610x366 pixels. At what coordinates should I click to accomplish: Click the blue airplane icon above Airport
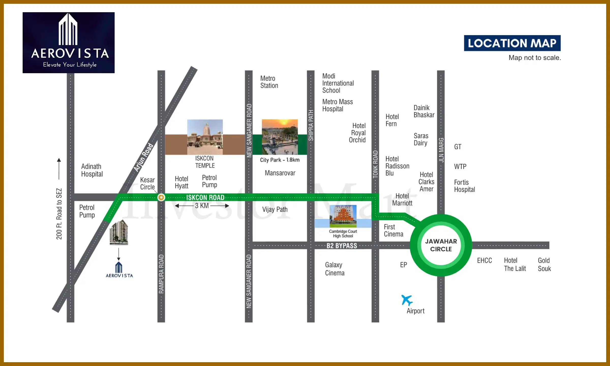tap(407, 300)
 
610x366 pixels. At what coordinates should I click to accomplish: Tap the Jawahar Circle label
tap(441, 245)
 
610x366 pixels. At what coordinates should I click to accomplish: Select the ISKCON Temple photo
tap(205, 137)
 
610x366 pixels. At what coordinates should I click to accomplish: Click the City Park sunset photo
tap(280, 137)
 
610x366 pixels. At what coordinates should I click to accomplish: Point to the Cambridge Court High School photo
tap(343, 216)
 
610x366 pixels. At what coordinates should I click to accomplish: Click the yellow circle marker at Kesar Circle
tap(161, 197)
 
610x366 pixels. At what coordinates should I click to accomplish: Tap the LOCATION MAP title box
tap(512, 43)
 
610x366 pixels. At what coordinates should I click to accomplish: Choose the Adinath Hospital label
tap(92, 170)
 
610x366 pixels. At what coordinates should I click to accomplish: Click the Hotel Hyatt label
tap(181, 182)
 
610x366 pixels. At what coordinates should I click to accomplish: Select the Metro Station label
tap(269, 82)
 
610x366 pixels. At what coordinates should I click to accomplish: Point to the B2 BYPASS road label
tap(342, 246)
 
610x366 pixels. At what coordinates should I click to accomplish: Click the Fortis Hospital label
tap(464, 186)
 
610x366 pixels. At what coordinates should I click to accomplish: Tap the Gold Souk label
tap(544, 265)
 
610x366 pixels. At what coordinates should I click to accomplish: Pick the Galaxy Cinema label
tap(334, 269)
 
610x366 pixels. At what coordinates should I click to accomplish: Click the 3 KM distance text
tap(202, 206)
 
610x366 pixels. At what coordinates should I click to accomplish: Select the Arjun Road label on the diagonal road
tap(144, 157)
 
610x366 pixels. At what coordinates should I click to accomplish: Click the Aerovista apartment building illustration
tap(119, 232)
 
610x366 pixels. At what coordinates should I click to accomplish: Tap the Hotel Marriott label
tap(402, 200)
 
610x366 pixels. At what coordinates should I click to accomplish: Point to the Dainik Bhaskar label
tap(424, 111)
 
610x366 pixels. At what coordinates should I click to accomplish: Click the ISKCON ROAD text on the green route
tap(205, 197)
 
